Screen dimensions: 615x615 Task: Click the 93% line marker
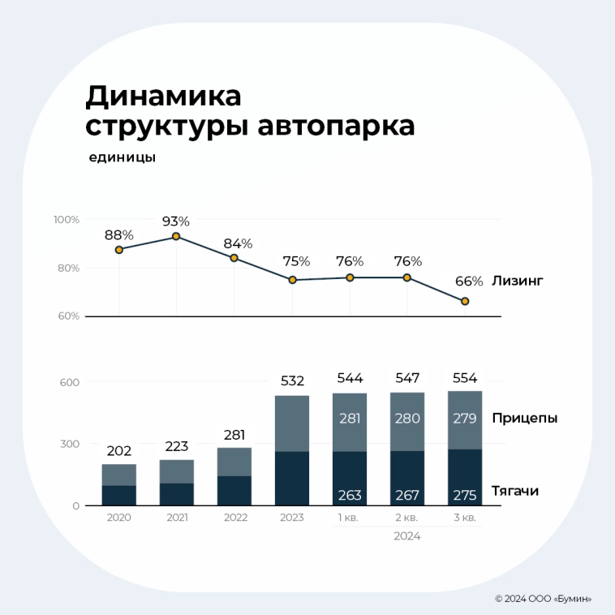(x=176, y=237)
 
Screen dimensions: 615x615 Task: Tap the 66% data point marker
(x=465, y=301)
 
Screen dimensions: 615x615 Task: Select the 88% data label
(x=118, y=235)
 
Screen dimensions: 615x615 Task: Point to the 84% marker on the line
(x=234, y=258)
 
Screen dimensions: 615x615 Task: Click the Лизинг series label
(x=517, y=281)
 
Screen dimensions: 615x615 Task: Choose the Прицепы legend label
(x=524, y=419)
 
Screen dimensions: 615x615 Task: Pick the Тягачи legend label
(x=515, y=491)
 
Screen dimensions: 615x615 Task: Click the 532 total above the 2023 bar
(x=292, y=381)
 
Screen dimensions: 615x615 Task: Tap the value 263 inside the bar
(x=350, y=495)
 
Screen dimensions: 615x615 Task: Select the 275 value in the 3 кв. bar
(x=465, y=495)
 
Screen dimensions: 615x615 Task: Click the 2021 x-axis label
(x=176, y=518)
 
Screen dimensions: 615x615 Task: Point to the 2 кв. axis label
(x=407, y=518)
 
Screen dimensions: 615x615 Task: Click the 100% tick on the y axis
(x=67, y=220)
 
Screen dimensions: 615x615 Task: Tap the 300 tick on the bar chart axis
(x=71, y=444)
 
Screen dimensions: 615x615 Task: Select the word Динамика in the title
(x=163, y=97)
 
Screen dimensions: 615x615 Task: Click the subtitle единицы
(x=122, y=157)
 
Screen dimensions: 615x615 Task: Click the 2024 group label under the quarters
(x=407, y=536)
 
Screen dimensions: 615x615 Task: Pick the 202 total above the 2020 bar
(x=118, y=450)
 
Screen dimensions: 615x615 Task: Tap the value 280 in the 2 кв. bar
(x=407, y=419)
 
